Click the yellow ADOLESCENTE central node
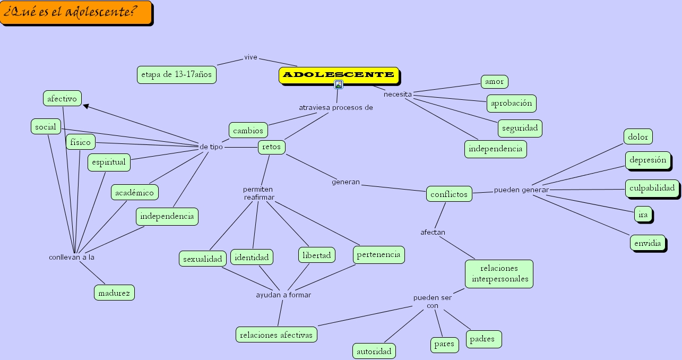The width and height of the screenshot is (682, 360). click(339, 75)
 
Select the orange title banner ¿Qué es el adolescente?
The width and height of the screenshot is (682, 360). click(76, 13)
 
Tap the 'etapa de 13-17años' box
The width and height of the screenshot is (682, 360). click(177, 75)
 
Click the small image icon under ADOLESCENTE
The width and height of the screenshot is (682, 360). click(338, 84)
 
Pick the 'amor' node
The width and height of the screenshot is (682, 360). click(494, 82)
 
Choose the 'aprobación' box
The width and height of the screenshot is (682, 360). click(511, 104)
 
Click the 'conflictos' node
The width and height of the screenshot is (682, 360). click(449, 194)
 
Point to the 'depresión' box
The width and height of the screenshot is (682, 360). click(647, 160)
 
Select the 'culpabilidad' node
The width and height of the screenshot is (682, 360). click(652, 188)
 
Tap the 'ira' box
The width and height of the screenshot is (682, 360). click(643, 215)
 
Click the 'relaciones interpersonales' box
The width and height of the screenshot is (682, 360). click(499, 273)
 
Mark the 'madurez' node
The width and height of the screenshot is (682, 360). click(114, 293)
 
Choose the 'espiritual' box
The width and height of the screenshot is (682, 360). click(109, 162)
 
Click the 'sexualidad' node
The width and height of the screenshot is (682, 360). click(202, 259)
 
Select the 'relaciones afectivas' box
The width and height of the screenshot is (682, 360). click(276, 335)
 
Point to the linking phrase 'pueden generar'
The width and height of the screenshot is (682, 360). click(521, 190)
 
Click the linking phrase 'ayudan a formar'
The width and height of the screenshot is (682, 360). click(283, 295)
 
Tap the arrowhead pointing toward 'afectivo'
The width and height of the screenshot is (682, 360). click(85, 106)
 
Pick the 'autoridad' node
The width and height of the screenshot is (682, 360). click(374, 351)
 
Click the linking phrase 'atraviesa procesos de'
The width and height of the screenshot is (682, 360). click(335, 107)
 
